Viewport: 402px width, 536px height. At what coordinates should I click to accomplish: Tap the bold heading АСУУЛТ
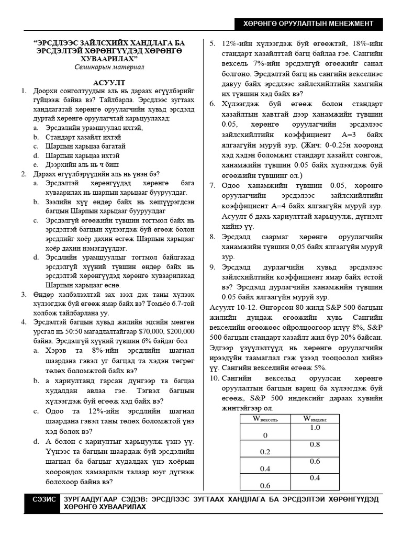tap(109, 83)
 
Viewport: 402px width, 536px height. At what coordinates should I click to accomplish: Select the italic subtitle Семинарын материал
tap(109, 68)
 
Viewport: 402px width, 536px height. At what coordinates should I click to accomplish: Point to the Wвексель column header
tap(265, 419)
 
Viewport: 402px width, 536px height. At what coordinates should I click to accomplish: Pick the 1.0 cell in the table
tap(315, 428)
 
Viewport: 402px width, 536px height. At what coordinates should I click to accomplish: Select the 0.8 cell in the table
tap(315, 444)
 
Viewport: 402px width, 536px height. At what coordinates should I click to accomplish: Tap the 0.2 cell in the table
tap(265, 452)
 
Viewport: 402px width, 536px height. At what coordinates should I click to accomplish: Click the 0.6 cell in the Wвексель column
tap(265, 485)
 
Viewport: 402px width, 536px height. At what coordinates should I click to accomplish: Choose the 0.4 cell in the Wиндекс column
tap(315, 478)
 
